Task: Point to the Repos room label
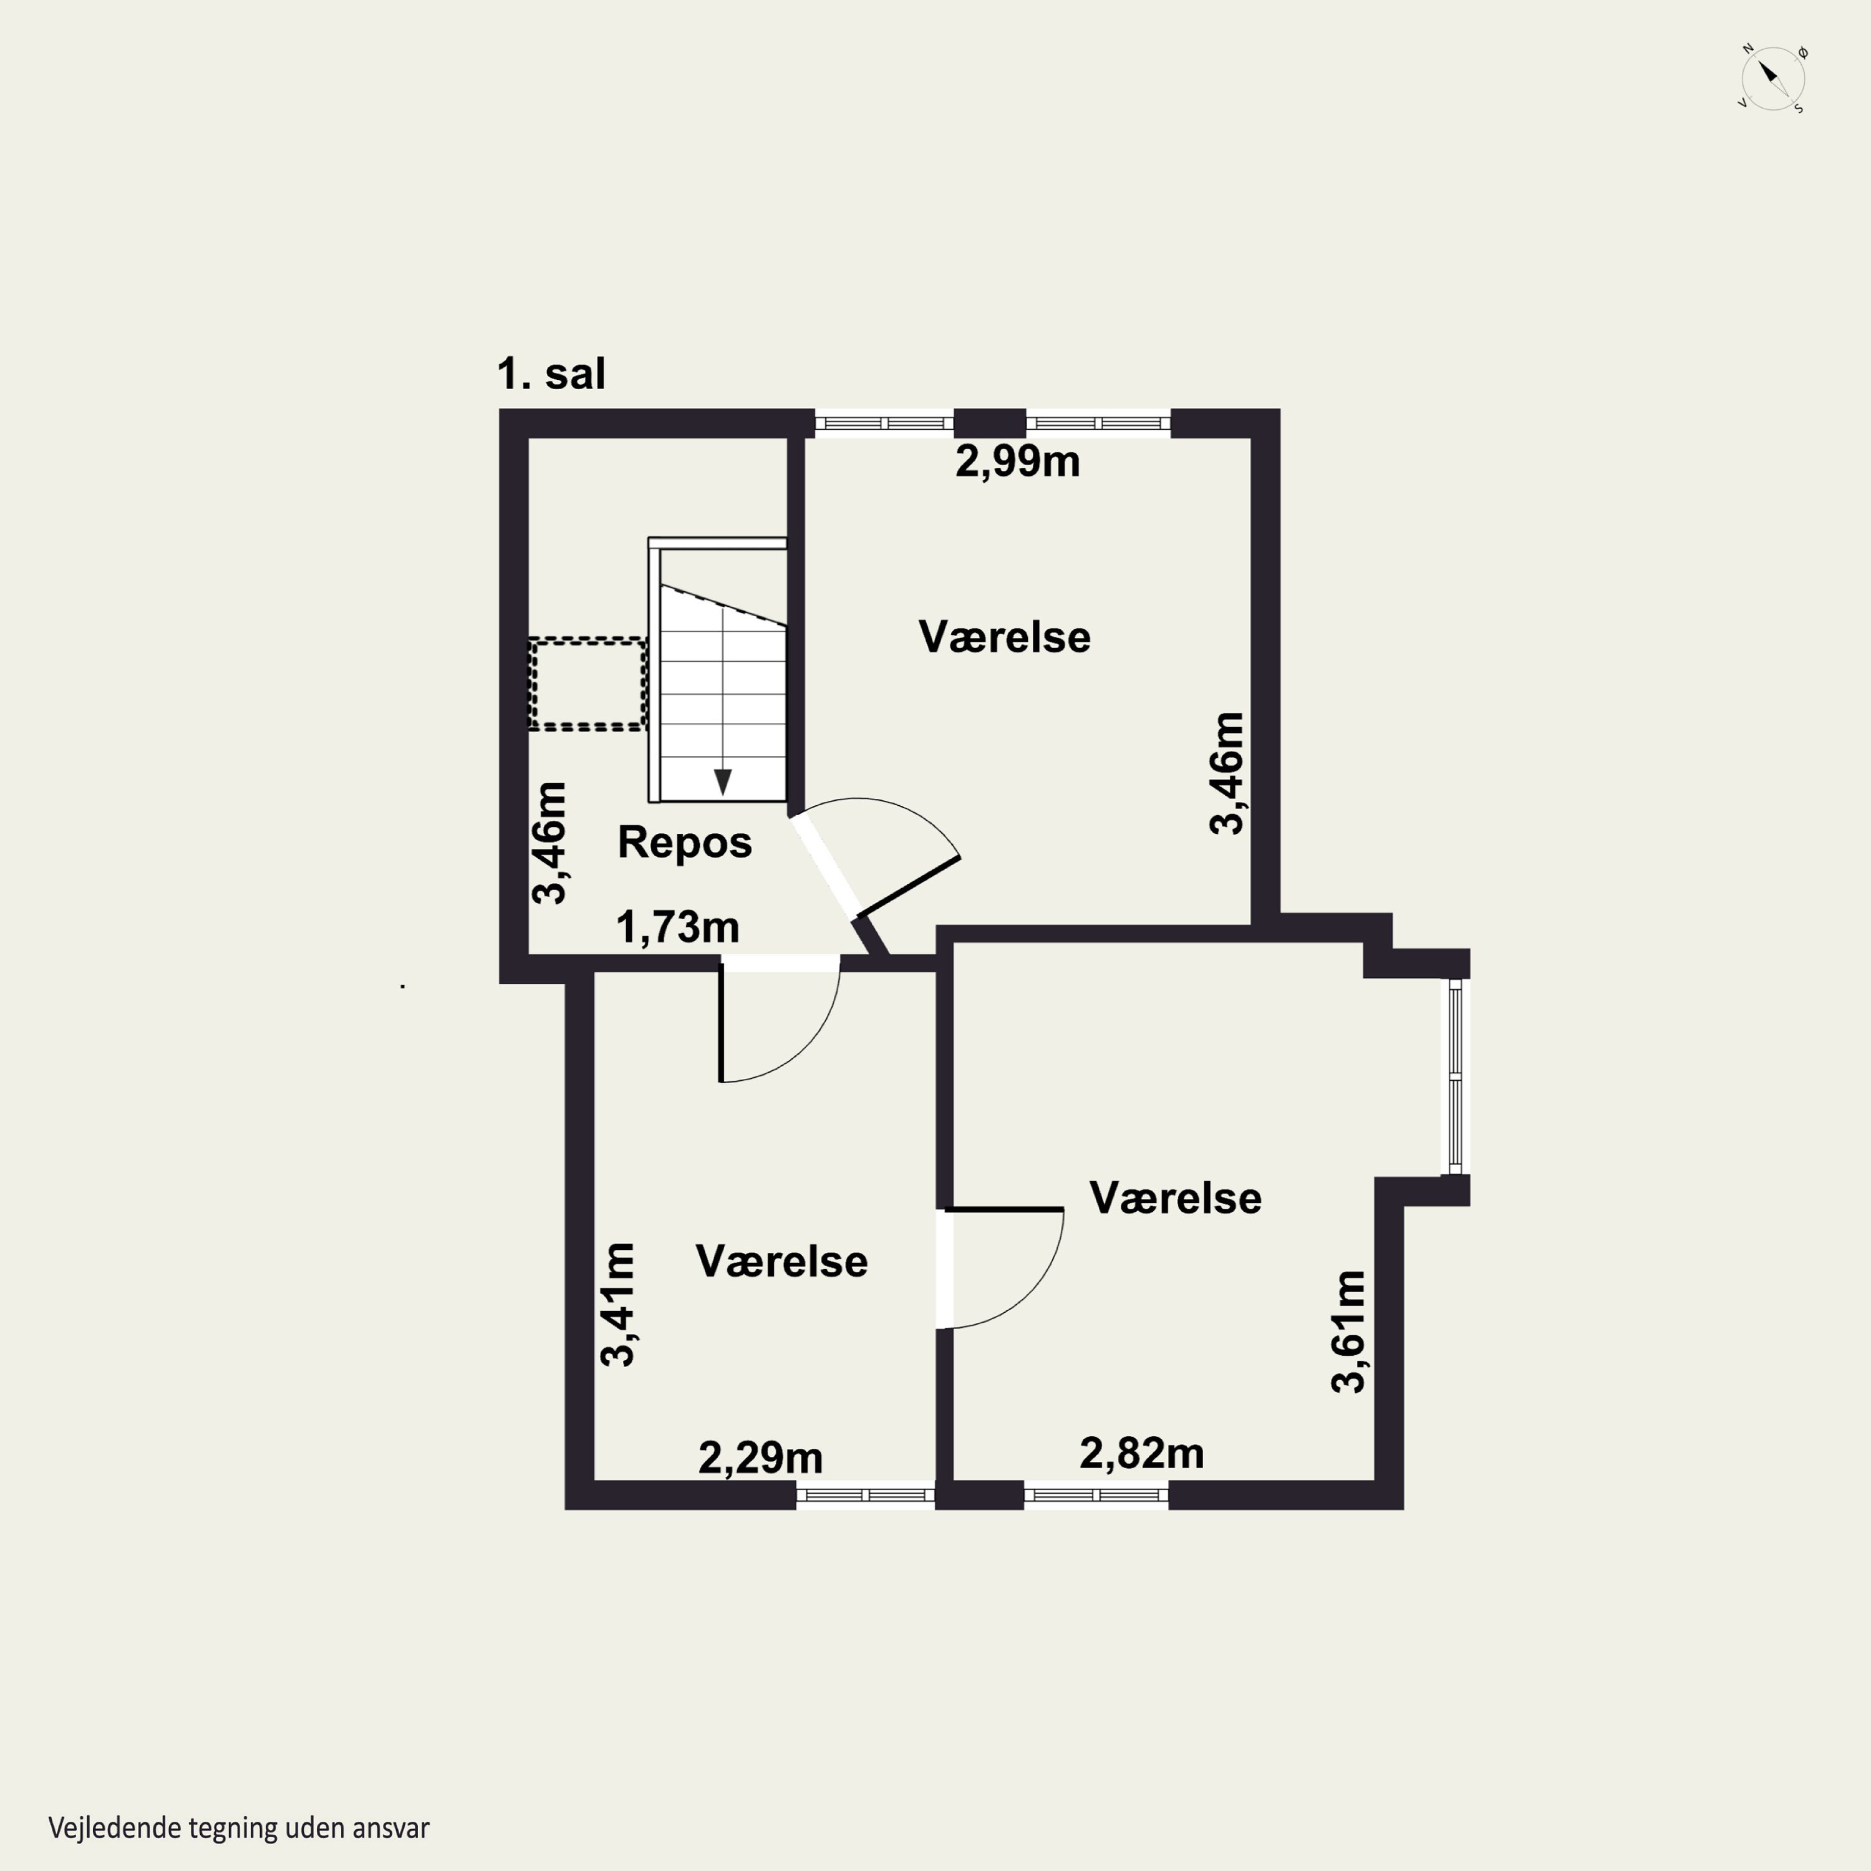[x=685, y=843]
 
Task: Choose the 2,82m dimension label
[x=1142, y=1453]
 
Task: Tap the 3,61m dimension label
[x=1348, y=1332]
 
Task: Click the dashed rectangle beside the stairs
[x=587, y=684]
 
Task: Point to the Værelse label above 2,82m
[x=1176, y=1198]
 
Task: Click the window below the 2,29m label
[x=866, y=1496]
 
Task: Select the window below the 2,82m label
[x=1096, y=1496]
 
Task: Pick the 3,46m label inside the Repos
[x=549, y=843]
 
